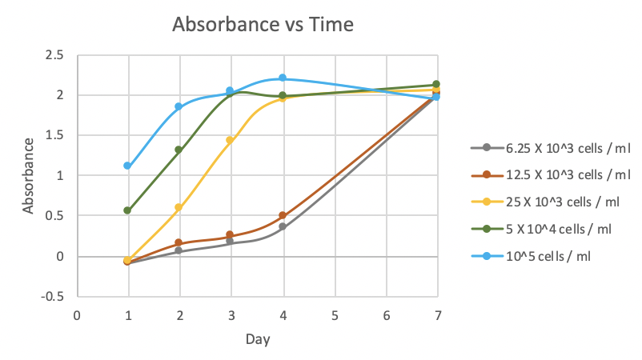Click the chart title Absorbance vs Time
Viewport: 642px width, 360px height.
tap(263, 25)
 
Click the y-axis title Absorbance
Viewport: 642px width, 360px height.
tap(29, 175)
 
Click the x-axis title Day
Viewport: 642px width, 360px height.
tap(257, 339)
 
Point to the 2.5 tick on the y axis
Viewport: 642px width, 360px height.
tap(54, 55)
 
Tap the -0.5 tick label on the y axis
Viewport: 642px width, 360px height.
tap(53, 296)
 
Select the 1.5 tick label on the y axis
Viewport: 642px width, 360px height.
tap(54, 135)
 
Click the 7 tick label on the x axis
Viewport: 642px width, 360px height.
tap(438, 314)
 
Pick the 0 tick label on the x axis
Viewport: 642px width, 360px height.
tap(77, 314)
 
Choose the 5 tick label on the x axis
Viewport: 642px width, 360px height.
tap(335, 314)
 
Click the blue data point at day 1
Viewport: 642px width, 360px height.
tap(127, 166)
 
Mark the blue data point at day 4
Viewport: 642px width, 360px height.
tap(283, 78)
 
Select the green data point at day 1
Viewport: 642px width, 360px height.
tap(127, 210)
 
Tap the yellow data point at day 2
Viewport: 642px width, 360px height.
tap(179, 208)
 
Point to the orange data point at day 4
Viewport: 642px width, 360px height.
tap(283, 215)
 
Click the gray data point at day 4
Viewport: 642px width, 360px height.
tap(283, 227)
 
